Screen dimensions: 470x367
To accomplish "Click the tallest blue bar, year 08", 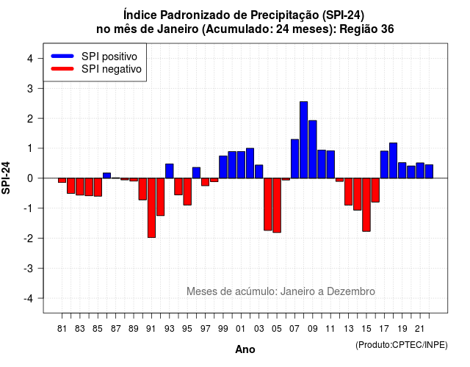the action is [303, 140].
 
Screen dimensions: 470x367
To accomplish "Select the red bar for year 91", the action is [151, 208].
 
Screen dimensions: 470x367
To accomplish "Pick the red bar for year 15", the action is [366, 205].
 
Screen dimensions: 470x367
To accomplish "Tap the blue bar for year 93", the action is [170, 171].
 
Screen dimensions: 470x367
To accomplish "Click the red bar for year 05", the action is [277, 206].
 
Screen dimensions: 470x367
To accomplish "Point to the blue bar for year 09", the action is [313, 150].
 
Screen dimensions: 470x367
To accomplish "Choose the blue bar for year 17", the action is [384, 164].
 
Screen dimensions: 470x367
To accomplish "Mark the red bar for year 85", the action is [98, 187].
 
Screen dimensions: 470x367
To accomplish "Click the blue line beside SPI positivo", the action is [62, 56].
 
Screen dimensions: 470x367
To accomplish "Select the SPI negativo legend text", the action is [112, 69].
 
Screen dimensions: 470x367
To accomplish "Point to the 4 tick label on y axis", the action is [30, 59].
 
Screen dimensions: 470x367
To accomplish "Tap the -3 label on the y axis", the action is [28, 268].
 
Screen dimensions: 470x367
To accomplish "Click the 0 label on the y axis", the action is [30, 178].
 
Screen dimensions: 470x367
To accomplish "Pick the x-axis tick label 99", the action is [223, 329].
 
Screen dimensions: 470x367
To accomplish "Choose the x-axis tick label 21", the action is [420, 329].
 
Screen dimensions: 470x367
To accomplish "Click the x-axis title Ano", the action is [245, 349].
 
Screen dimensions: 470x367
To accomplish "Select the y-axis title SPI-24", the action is [6, 178].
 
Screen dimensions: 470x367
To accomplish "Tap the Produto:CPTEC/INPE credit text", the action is [402, 345].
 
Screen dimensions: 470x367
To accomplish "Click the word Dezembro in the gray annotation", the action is [351, 291].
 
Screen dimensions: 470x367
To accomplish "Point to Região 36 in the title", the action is [366, 29].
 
